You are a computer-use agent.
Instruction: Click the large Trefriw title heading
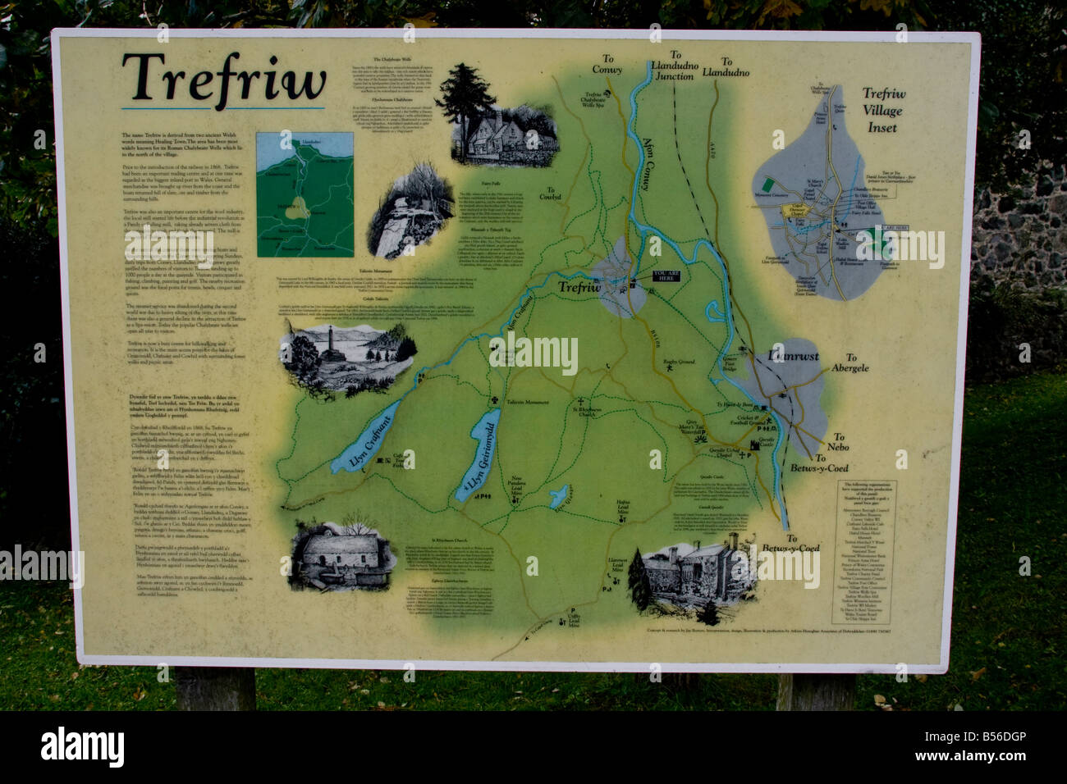[224, 80]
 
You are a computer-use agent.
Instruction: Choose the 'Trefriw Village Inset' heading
[882, 111]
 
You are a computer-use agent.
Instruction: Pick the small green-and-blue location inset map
[305, 195]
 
